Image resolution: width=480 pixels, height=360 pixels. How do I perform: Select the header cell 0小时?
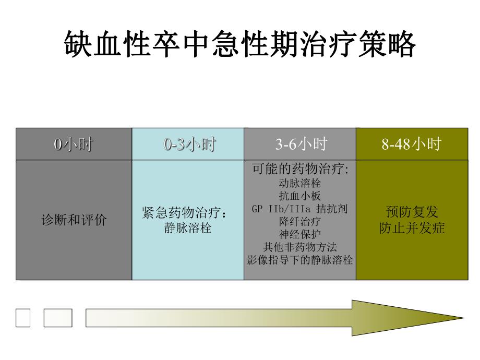pyautogui.click(x=74, y=144)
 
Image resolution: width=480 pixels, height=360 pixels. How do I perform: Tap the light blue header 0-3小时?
pyautogui.click(x=188, y=144)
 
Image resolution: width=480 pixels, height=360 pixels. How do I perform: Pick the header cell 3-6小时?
pyautogui.click(x=300, y=144)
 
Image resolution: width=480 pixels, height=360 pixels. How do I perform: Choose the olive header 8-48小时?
pyautogui.click(x=411, y=144)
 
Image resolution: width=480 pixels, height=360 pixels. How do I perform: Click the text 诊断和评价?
pyautogui.click(x=74, y=220)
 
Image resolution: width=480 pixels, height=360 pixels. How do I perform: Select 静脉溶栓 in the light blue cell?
pyautogui.click(x=188, y=228)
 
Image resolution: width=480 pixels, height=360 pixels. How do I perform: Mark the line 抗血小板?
pyautogui.click(x=300, y=196)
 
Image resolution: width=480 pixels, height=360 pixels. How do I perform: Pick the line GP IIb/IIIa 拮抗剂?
pyautogui.click(x=300, y=209)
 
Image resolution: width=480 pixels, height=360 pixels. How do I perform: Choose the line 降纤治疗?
pyautogui.click(x=300, y=221)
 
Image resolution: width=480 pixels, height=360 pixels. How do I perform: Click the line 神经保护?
pyautogui.click(x=300, y=234)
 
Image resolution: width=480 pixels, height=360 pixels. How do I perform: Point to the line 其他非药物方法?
pyautogui.click(x=300, y=247)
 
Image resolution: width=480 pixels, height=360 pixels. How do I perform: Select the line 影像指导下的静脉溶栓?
pyautogui.click(x=300, y=259)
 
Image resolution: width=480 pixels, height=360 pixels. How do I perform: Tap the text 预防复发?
pyautogui.click(x=411, y=212)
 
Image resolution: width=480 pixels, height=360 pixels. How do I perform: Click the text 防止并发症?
pyautogui.click(x=411, y=228)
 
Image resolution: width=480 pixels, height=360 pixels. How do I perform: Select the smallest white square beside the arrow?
pyautogui.click(x=23, y=318)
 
